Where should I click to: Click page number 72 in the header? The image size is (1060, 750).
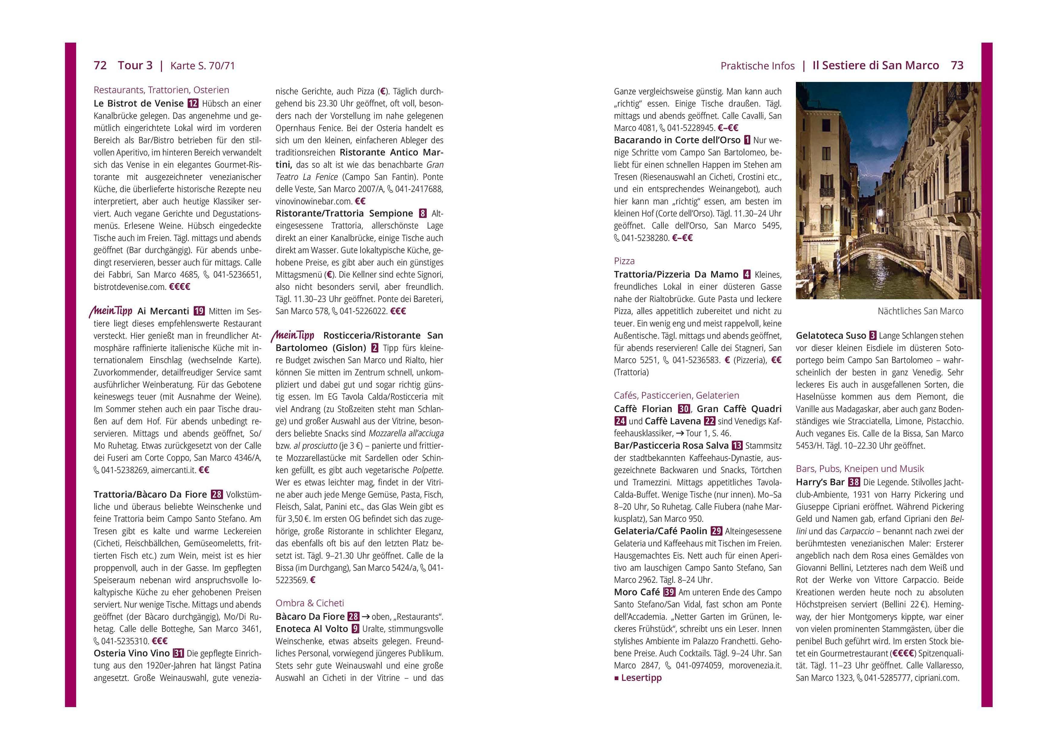[100, 66]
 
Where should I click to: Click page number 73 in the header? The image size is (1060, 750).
[957, 66]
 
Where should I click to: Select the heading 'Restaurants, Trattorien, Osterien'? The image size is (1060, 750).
[161, 90]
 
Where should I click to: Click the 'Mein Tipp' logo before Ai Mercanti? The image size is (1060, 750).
[111, 311]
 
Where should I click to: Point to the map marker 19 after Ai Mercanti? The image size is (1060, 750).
[199, 311]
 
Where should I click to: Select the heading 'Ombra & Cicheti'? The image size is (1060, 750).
[309, 603]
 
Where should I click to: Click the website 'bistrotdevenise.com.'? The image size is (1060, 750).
[130, 287]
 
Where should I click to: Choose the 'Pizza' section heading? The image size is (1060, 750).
[624, 261]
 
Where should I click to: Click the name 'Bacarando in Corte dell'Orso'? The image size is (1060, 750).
[677, 140]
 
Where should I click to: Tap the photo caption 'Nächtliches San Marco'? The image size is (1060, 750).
[920, 311]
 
